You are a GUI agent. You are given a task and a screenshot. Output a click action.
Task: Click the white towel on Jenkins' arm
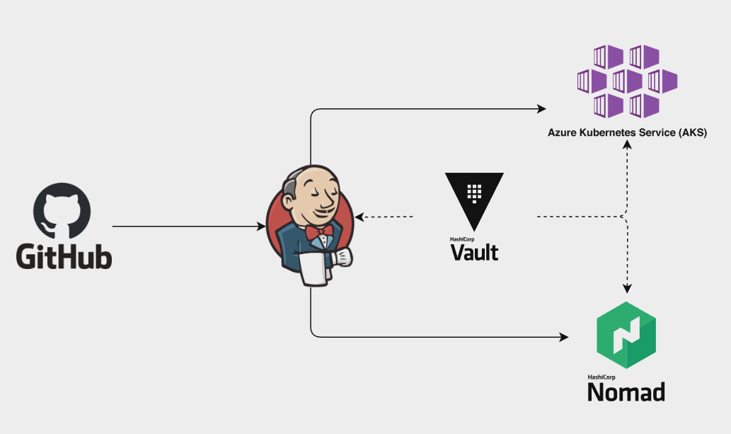click(316, 268)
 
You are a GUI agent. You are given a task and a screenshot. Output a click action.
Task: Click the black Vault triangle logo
click(474, 200)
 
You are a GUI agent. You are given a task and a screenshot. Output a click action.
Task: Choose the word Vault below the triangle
click(474, 252)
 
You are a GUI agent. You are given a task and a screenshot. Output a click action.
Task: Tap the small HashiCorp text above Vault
click(462, 239)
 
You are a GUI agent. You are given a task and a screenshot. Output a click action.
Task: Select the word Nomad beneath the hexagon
click(626, 392)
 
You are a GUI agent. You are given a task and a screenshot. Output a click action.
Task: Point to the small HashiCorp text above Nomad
click(601, 377)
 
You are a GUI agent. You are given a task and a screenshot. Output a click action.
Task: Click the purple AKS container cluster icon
click(628, 81)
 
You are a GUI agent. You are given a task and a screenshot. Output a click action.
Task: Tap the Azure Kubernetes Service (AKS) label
click(627, 132)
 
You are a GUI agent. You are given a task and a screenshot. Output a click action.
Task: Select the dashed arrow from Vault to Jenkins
click(386, 216)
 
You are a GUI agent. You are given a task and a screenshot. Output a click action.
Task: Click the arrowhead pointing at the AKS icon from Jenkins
click(541, 109)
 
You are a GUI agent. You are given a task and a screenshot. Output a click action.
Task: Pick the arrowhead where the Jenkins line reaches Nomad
click(565, 337)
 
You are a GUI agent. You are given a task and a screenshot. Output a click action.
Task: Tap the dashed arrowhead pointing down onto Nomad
click(626, 287)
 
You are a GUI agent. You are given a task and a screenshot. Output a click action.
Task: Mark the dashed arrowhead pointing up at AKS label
click(626, 144)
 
